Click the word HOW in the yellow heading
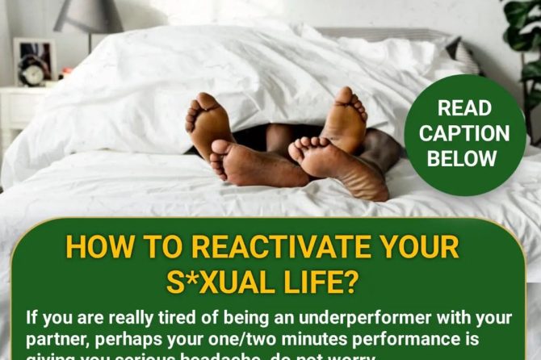96,247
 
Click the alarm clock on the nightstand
31,73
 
